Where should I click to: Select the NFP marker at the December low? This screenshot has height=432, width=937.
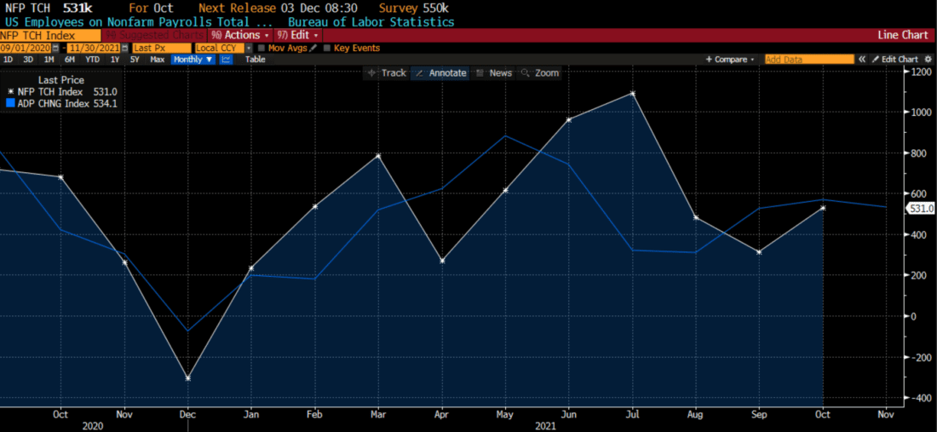(187, 377)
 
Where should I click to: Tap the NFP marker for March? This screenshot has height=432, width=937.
(378, 156)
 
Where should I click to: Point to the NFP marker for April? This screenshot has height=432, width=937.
(442, 260)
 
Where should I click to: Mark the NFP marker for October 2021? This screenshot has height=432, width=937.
(823, 208)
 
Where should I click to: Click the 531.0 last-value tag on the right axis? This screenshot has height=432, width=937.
(921, 209)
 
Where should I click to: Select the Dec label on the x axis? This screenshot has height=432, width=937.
(187, 414)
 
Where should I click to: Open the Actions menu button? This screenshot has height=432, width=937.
(241, 36)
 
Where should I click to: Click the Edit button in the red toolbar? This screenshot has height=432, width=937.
(299, 36)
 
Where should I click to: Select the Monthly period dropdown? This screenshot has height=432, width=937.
(193, 60)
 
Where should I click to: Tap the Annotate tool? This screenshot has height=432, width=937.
(441, 73)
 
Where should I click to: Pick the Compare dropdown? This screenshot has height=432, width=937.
(730, 60)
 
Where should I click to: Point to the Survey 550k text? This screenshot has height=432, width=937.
(413, 9)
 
